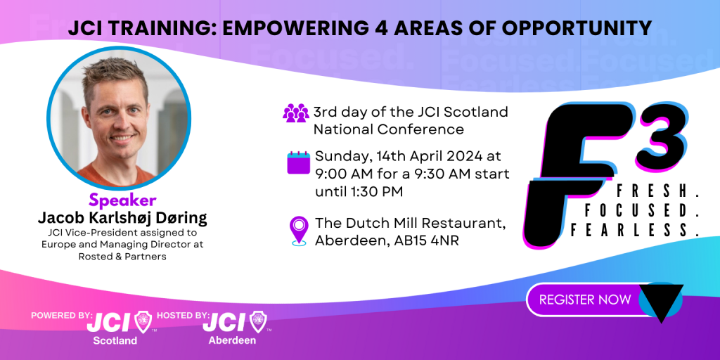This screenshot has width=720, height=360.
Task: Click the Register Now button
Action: pos(585,300)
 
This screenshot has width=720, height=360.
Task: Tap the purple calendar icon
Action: pos(298,162)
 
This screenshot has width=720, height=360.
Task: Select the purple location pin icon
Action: pos(299,231)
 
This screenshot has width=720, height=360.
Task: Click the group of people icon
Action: pos(296,113)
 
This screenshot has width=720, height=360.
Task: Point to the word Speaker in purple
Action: pos(122,200)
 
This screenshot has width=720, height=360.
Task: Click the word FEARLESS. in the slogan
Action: pos(635,229)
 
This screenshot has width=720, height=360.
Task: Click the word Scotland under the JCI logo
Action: pos(115,341)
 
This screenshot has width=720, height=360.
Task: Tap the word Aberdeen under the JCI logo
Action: pos(232,341)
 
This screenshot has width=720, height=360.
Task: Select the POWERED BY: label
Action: pos(62,316)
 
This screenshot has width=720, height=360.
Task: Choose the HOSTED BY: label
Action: pos(184,316)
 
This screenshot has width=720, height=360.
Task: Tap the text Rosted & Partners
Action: pos(122,257)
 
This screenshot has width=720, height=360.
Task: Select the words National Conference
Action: pos(389,129)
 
